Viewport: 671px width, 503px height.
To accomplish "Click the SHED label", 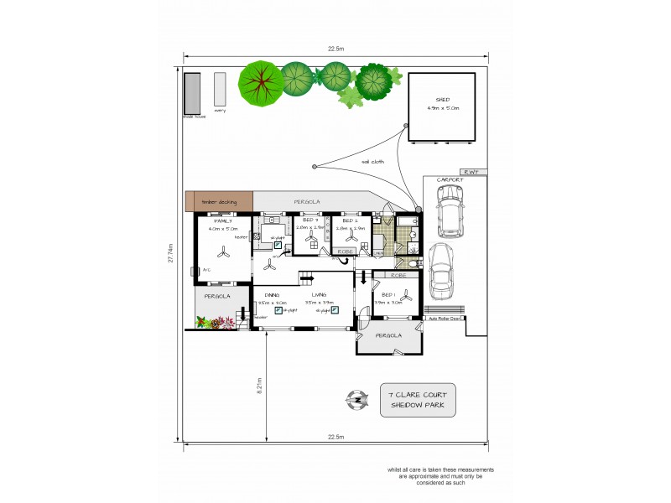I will tap(443, 99).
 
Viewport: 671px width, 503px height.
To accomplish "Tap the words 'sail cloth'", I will tap(372, 162).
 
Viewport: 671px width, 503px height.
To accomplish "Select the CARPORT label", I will tap(450, 179).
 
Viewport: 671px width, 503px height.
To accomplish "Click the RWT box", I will tap(473, 172).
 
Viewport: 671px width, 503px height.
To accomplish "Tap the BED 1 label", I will tap(387, 295).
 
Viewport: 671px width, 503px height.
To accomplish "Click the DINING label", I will tap(271, 295).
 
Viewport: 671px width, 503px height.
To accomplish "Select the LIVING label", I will tap(319, 295).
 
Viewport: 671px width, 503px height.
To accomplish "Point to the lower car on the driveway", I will tap(441, 271).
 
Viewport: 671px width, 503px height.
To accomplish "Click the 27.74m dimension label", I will tap(171, 253).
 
